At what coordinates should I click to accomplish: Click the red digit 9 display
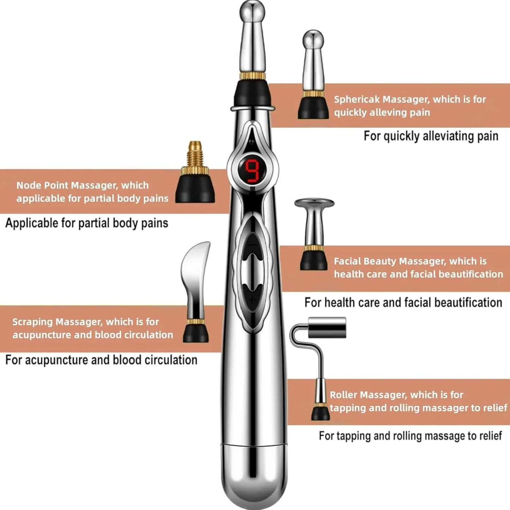click(x=253, y=171)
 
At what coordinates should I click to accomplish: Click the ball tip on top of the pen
click(x=252, y=11)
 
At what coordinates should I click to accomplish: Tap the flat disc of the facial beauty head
click(x=314, y=203)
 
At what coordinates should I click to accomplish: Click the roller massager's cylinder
click(x=327, y=327)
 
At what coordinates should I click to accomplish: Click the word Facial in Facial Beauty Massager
click(x=347, y=262)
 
